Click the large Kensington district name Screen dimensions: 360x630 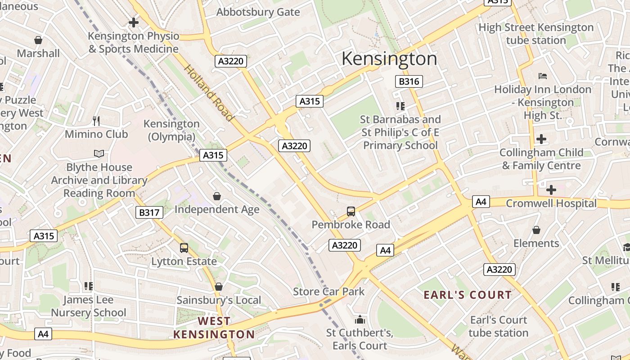pos(389,59)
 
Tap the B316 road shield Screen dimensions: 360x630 pos(409,81)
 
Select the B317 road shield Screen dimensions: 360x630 pos(149,212)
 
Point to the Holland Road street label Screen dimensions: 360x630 pos(209,93)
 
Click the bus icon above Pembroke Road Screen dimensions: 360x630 pos(351,211)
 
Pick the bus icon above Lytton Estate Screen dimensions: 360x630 pos(184,247)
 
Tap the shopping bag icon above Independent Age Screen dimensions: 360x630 pos(217,196)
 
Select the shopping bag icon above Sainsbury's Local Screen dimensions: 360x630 pos(219,287)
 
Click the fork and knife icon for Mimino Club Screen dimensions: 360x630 pos(96,121)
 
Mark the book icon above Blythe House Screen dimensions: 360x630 pos(99,154)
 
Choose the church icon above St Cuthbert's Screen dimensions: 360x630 pos(360,319)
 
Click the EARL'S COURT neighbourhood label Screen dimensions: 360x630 pos(468,295)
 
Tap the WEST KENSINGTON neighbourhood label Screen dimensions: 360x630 pos(214,328)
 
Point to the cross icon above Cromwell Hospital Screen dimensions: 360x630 pos(551,190)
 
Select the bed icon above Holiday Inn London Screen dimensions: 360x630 pos(543,76)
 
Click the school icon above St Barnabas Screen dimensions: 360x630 pos(400,106)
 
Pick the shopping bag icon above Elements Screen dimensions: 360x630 pos(536,230)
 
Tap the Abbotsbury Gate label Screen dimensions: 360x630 pos(258,12)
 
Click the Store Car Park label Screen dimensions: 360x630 pos(329,292)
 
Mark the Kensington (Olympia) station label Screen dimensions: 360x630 pos(171,130)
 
